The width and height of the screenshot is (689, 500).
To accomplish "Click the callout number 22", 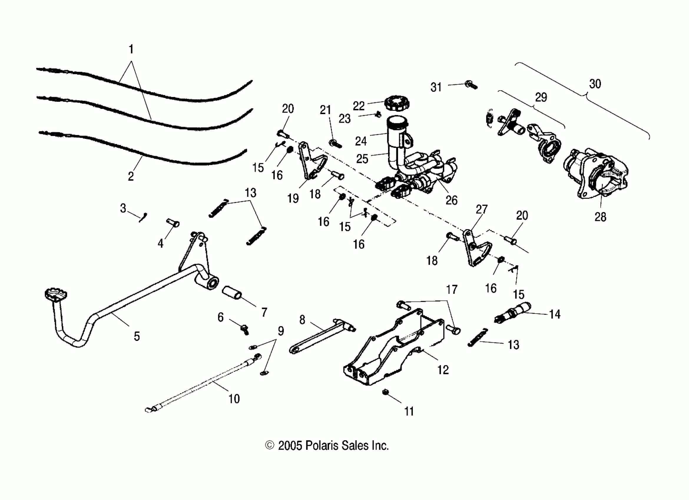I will [x=358, y=106].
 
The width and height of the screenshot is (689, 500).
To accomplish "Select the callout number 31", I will [x=436, y=87].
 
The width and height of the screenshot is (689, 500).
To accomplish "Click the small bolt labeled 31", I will [x=471, y=85].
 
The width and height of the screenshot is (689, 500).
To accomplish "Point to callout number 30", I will [x=595, y=84].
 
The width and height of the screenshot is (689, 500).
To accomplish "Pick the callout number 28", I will [x=600, y=217].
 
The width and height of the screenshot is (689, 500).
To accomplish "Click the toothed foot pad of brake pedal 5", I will [x=56, y=294].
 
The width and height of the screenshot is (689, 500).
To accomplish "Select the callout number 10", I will [x=234, y=399].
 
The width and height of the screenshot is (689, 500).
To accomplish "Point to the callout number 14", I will [x=555, y=314].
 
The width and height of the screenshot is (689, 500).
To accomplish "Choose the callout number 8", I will [x=302, y=320].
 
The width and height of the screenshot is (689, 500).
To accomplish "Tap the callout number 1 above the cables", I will [x=131, y=49].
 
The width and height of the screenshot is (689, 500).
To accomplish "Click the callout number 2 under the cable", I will [x=131, y=176].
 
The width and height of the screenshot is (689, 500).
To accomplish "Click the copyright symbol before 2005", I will [x=269, y=445].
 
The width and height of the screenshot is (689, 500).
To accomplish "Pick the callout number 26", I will [x=451, y=200].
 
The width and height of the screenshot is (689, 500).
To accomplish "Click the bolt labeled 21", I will [x=335, y=144].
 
